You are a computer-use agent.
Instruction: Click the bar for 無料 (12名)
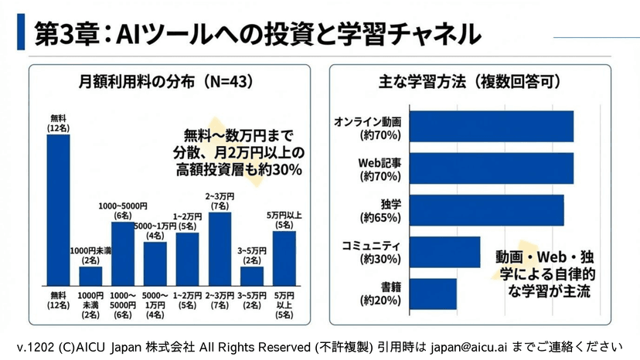pos(58,209)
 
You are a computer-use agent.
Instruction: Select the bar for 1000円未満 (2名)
pos(90,276)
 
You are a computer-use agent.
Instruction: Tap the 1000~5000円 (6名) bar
pos(123,248)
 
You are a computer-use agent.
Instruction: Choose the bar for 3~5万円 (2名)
pos(252,276)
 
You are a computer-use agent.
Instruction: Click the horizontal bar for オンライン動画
pos(490,127)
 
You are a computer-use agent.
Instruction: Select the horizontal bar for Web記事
pos(490,168)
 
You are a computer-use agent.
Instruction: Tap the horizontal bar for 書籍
pos(432,294)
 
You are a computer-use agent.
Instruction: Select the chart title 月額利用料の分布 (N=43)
pos(166,80)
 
